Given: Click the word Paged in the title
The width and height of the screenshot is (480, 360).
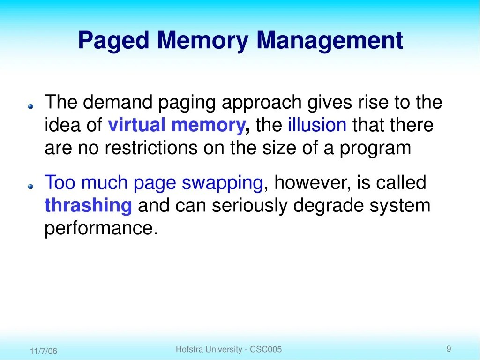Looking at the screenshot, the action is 113,41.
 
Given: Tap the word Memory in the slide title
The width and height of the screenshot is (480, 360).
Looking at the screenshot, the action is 202,41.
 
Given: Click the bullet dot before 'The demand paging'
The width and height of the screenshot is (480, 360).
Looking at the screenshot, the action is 30,106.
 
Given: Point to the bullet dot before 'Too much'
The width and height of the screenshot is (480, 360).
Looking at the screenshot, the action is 30,187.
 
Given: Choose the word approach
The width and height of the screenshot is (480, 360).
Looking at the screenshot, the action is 262,103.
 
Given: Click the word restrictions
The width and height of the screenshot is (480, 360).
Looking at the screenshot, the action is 151,148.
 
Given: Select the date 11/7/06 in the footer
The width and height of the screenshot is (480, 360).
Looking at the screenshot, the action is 44,351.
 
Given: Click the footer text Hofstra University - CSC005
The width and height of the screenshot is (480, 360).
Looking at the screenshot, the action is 229,349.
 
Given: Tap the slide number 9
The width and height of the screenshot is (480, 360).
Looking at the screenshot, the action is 449,349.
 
